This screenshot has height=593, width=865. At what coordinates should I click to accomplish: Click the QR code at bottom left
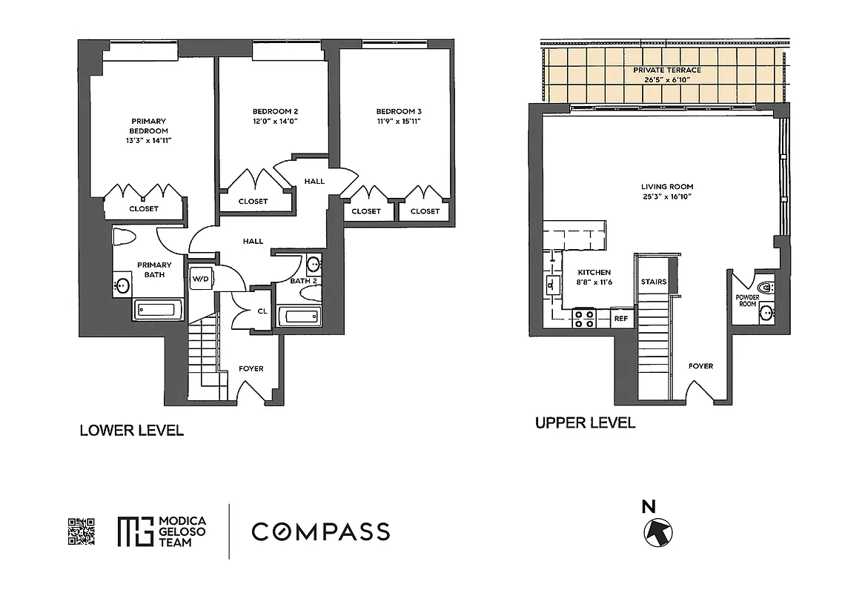(x=82, y=531)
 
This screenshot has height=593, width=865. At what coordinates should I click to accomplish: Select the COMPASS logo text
(x=320, y=531)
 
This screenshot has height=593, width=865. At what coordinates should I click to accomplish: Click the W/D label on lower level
(x=200, y=279)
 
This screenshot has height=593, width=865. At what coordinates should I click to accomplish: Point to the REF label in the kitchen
(x=621, y=319)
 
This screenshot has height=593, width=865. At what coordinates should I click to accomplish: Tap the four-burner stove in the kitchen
(x=583, y=319)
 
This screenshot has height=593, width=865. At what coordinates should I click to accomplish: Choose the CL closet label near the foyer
(x=262, y=311)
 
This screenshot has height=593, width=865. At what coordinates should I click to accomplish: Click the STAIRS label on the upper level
(x=653, y=282)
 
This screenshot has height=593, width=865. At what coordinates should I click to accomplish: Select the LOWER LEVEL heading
(x=131, y=431)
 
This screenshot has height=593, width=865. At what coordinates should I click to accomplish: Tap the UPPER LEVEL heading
(x=585, y=423)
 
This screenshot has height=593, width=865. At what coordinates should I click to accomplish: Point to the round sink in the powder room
(x=766, y=314)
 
